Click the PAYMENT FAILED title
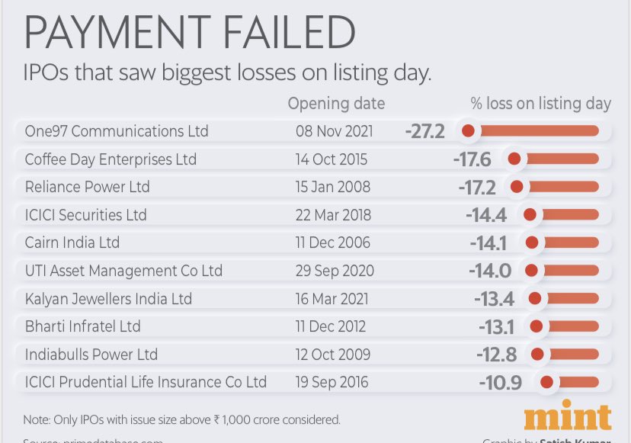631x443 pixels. pos(191,34)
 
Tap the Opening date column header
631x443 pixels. pos(336,104)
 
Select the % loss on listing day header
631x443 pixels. pos(541,104)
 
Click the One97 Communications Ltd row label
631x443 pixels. pos(117,131)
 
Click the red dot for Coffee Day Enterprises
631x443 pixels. pos(514,159)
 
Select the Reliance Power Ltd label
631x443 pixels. pos(88,188)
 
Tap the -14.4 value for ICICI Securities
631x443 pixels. pos(486,215)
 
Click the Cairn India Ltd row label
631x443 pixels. pos(72,243)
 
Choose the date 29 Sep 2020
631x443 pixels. pos(333,271)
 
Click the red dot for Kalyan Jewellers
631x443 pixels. pos(535,299)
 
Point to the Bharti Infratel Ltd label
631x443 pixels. pos(83,326)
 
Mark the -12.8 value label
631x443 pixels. pos(498,355)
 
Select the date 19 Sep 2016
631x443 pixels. pos(332,382)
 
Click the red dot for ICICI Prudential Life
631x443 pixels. pos(546,382)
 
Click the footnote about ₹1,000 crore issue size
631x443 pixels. pos(183,419)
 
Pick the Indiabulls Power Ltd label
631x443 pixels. pos(91,355)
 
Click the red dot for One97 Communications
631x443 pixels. pos(469,131)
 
